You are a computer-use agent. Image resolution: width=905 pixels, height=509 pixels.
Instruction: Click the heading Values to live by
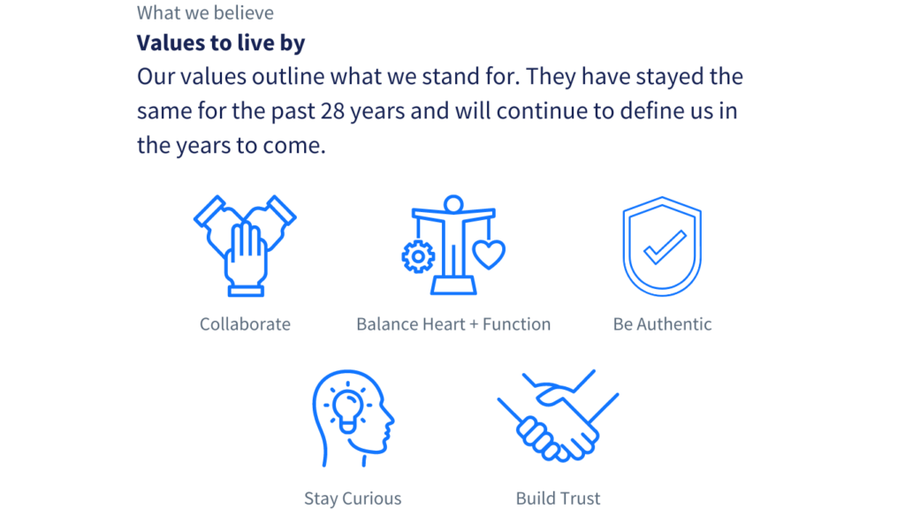[220, 43]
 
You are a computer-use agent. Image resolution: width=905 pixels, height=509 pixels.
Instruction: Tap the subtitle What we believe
[205, 12]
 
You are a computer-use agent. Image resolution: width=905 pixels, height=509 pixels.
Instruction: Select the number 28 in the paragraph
[332, 110]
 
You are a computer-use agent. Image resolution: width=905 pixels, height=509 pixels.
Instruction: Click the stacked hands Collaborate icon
[245, 246]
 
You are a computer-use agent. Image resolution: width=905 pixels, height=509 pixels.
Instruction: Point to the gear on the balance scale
[418, 256]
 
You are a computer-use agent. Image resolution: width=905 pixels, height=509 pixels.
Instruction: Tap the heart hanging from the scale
[489, 254]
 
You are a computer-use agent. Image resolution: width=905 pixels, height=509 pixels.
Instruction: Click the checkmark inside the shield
[665, 247]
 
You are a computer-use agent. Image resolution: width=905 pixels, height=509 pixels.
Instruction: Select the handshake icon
[559, 415]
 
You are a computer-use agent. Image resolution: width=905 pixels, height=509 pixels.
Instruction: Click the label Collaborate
[246, 324]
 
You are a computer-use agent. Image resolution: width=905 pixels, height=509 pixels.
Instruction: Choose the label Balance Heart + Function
[453, 324]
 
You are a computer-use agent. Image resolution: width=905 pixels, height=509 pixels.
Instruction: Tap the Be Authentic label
[663, 324]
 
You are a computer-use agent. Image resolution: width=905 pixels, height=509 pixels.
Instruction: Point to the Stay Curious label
[353, 498]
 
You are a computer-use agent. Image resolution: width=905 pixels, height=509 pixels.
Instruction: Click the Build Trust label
[559, 498]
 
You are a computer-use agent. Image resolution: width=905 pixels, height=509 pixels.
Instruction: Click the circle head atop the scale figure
[453, 204]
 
